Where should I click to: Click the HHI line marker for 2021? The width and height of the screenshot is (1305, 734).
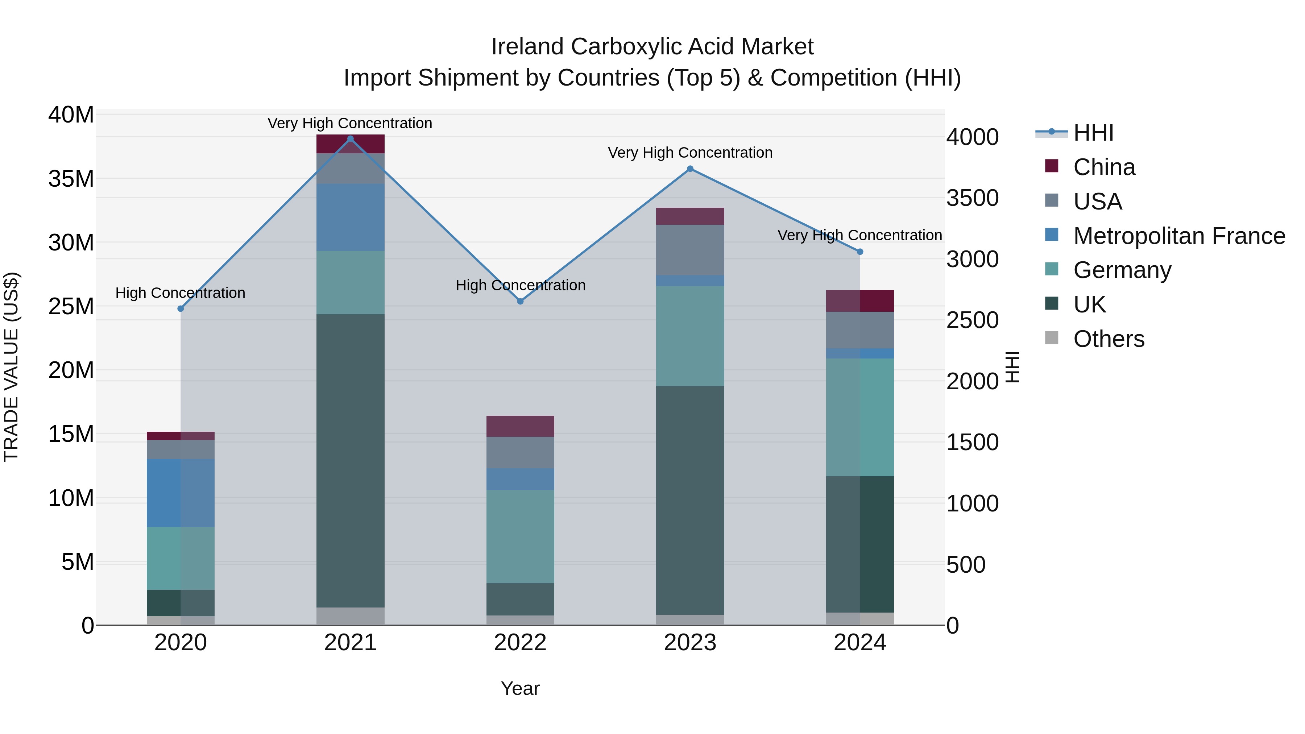[x=350, y=139]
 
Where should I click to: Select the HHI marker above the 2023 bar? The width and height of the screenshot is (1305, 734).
[x=690, y=169]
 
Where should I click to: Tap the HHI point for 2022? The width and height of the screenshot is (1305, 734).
[x=520, y=302]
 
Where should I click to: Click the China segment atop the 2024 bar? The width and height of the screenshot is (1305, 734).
[x=860, y=301]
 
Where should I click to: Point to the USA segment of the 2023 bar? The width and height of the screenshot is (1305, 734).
[x=690, y=250]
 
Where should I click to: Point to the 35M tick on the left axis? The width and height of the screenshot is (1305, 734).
[x=71, y=179]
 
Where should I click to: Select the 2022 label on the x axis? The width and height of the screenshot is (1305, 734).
[x=520, y=643]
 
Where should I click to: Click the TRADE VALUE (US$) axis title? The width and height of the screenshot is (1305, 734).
[x=11, y=367]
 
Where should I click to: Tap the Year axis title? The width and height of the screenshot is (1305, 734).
[x=520, y=688]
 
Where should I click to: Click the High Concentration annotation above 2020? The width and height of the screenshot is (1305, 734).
[x=181, y=293]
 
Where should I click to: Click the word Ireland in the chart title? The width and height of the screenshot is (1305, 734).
[x=527, y=47]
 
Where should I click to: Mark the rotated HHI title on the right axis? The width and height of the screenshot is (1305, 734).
[x=1012, y=367]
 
